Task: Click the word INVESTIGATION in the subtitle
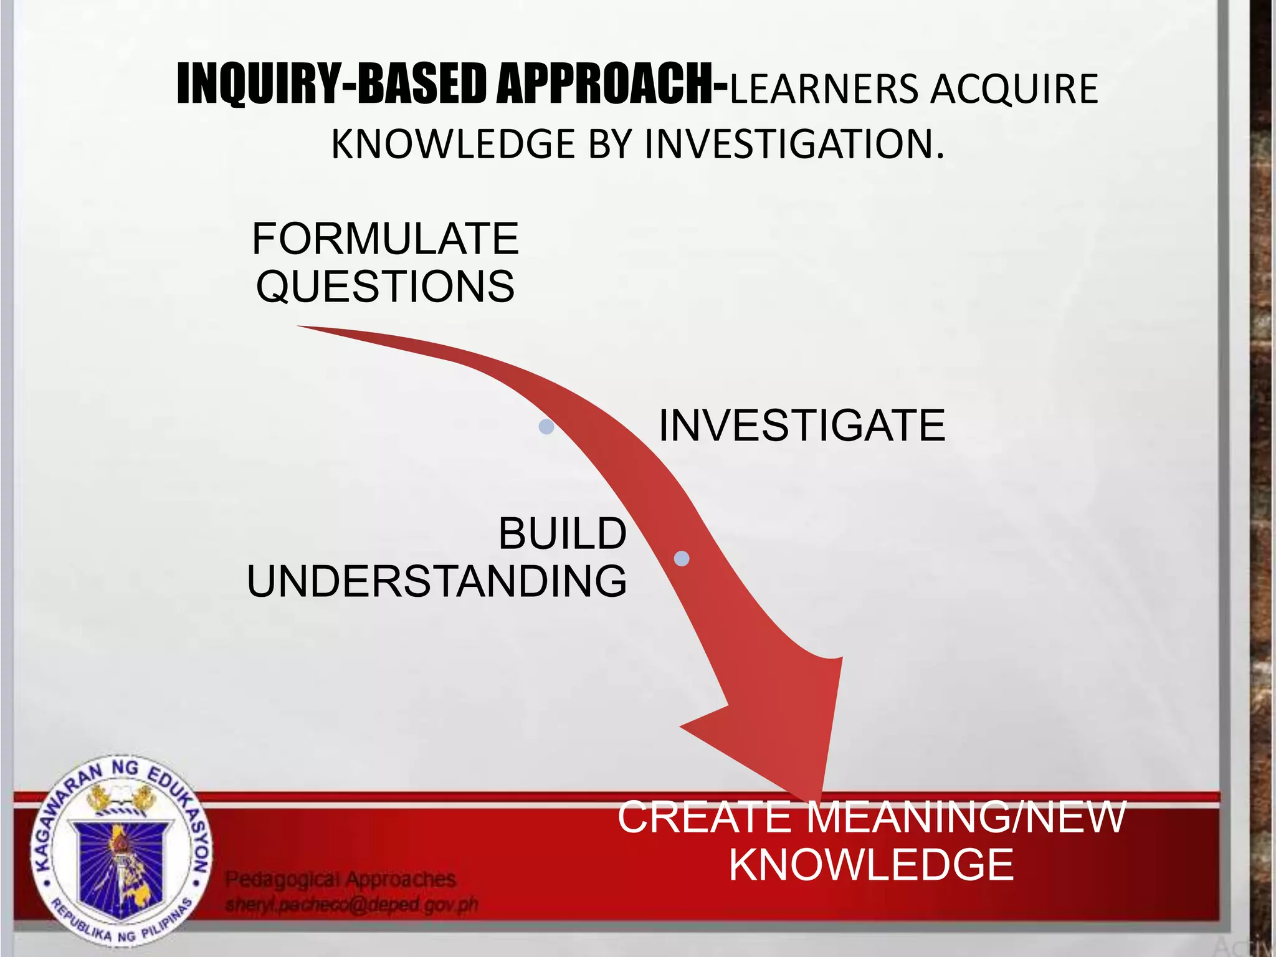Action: tap(794, 144)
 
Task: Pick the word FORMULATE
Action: tap(385, 239)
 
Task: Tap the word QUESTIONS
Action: tap(385, 287)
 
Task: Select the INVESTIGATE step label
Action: tap(802, 426)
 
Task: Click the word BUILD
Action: tap(562, 534)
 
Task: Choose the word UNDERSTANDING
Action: tap(437, 581)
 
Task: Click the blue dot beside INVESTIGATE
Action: tap(546, 427)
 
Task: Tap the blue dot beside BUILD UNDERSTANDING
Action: tap(682, 558)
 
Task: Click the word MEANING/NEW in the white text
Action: tap(966, 817)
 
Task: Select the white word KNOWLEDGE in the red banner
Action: tap(871, 865)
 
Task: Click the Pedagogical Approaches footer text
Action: tap(340, 879)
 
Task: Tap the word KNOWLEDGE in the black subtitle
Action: tap(453, 144)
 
